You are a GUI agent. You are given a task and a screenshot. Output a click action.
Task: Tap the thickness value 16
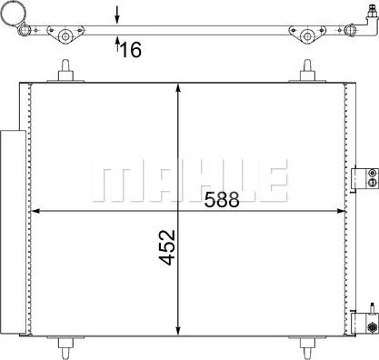coord(131,49)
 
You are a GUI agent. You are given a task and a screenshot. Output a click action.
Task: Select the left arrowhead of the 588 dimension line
coord(37,212)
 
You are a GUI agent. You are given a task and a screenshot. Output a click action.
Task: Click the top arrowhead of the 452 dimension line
coord(178,87)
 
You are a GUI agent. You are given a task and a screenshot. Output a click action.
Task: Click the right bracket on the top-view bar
coord(306,36)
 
